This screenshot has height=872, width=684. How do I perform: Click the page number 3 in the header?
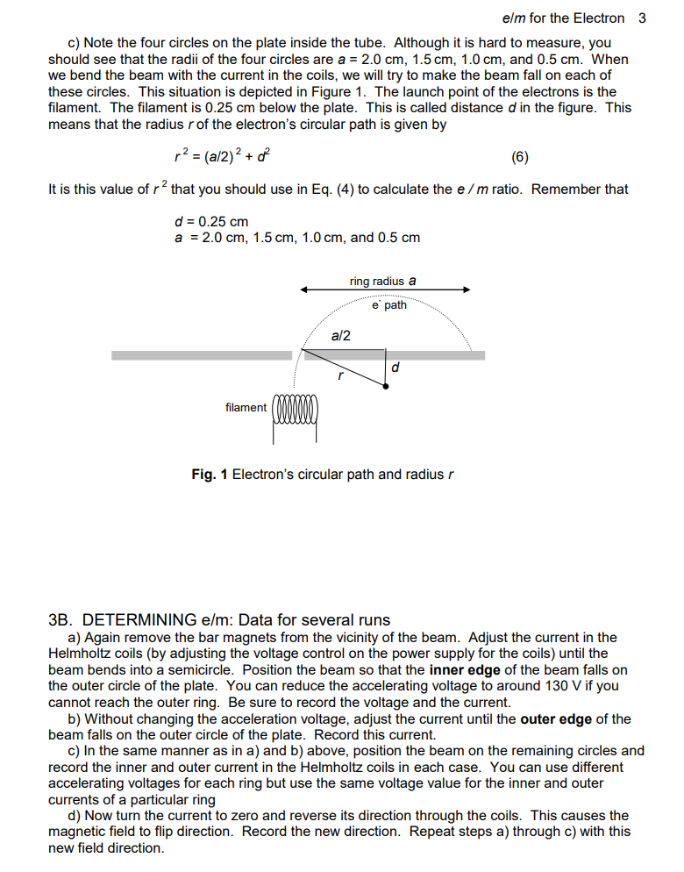coord(642,18)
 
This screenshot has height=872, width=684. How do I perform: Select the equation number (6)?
coord(519,158)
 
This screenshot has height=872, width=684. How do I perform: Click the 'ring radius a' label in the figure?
coord(382,282)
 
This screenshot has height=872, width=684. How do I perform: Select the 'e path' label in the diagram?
coord(389,305)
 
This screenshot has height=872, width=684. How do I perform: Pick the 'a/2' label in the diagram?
coord(341,335)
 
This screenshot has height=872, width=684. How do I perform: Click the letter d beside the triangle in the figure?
coord(395,368)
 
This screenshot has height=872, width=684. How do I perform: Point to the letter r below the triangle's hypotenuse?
coord(339,376)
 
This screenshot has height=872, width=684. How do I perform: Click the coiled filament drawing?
coord(298,411)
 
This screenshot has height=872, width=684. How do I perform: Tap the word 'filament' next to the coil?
coord(246,407)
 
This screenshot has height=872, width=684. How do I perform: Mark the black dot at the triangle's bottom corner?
coord(386,385)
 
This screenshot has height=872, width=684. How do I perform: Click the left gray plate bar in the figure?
coord(201,355)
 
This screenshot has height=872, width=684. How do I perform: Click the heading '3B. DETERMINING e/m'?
coord(160,619)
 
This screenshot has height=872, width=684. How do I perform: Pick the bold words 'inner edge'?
coord(465,670)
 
